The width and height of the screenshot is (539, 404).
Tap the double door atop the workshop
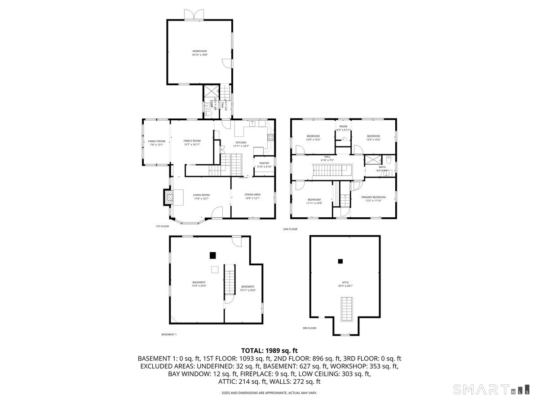pos(194,14)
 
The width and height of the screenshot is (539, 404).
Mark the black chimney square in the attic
pos(340,261)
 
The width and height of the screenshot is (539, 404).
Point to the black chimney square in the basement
pos(212,255)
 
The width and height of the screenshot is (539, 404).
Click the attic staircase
pos(346,309)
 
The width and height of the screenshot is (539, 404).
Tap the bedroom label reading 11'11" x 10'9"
pos(314,201)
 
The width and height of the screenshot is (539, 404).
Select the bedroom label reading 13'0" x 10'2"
pos(373,138)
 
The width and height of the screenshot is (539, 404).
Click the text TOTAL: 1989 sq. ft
pos(269,350)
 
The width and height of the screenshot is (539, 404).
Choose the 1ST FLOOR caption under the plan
pos(162,226)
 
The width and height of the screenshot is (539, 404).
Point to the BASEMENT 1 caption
pos(169,334)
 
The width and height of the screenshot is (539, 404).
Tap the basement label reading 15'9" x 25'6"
pos(199,284)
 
